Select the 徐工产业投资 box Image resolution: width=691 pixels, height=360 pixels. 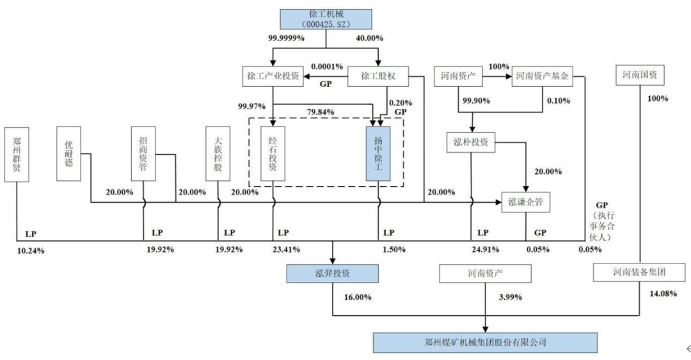[273, 76]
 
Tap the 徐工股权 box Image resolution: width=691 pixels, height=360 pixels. [379, 76]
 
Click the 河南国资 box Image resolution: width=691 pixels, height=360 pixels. [640, 76]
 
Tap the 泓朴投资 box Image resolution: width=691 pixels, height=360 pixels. [471, 141]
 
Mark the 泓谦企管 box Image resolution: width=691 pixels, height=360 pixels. [525, 202]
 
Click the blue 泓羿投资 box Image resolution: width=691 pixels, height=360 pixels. [331, 273]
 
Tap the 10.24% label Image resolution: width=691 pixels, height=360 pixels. [30, 249]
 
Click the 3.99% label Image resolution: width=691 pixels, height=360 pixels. [511, 297]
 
